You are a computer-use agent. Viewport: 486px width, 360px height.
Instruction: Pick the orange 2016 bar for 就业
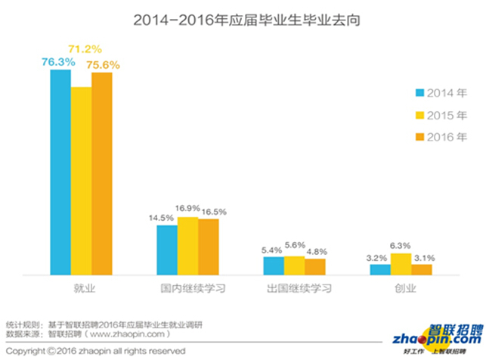[101, 173]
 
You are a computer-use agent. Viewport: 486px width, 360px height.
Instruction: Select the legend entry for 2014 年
[441, 93]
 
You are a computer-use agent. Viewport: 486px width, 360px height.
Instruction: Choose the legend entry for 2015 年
[441, 116]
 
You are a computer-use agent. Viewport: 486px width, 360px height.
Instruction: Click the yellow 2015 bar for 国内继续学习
[187, 245]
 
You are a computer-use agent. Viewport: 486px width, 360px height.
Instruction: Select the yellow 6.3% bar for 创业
[401, 263]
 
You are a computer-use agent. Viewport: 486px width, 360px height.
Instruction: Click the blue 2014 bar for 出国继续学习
[274, 265]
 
